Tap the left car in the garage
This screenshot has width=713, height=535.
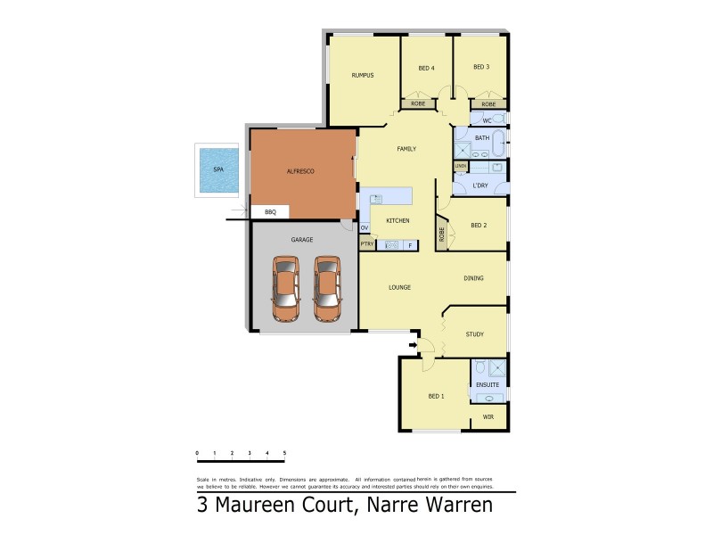pyautogui.click(x=286, y=288)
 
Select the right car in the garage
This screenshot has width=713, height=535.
pyautogui.click(x=327, y=288)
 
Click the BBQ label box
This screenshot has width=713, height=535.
pyautogui.click(x=271, y=212)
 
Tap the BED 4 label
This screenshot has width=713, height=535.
pyautogui.click(x=426, y=68)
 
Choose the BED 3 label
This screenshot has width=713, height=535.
pyautogui.click(x=481, y=67)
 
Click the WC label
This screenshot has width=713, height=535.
pyautogui.click(x=487, y=120)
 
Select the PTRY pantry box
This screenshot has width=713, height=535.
pyautogui.click(x=366, y=244)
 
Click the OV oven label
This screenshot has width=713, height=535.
pyautogui.click(x=365, y=228)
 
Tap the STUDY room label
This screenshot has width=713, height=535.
pyautogui.click(x=475, y=334)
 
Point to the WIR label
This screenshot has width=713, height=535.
pyautogui.click(x=488, y=417)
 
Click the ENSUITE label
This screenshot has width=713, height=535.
pyautogui.click(x=488, y=384)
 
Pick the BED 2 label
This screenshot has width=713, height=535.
pyautogui.click(x=479, y=226)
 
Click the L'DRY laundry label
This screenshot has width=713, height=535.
pyautogui.click(x=480, y=185)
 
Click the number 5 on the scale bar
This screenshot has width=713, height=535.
pyautogui.click(x=284, y=454)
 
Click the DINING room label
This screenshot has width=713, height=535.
pyautogui.click(x=474, y=278)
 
